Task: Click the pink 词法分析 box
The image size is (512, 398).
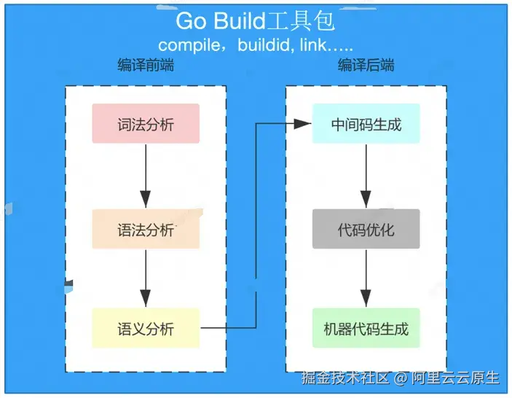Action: coord(146,124)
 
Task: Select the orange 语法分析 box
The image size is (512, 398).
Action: coord(146,229)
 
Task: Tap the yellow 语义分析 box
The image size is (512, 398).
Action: coord(146,328)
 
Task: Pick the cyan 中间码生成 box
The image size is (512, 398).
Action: coord(366,124)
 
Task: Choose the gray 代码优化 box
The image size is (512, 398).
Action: coord(366,229)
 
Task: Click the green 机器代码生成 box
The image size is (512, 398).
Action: coord(366,328)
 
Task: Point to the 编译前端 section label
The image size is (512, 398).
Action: coord(146,66)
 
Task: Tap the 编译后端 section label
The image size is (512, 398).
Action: coord(366,66)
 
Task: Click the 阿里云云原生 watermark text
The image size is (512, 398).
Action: coord(455,378)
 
